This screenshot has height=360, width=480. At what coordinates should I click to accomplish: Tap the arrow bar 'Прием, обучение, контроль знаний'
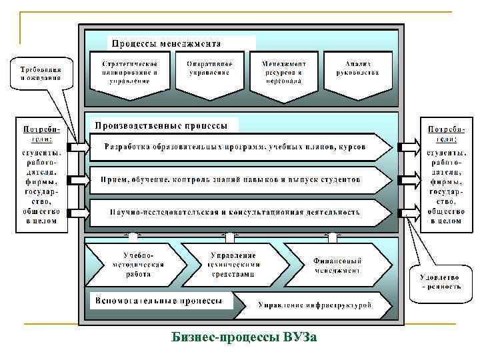[233, 180]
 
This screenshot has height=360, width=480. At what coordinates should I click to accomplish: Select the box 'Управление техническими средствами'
[233, 264]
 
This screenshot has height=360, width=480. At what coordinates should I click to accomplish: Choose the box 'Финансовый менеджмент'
[337, 264]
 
